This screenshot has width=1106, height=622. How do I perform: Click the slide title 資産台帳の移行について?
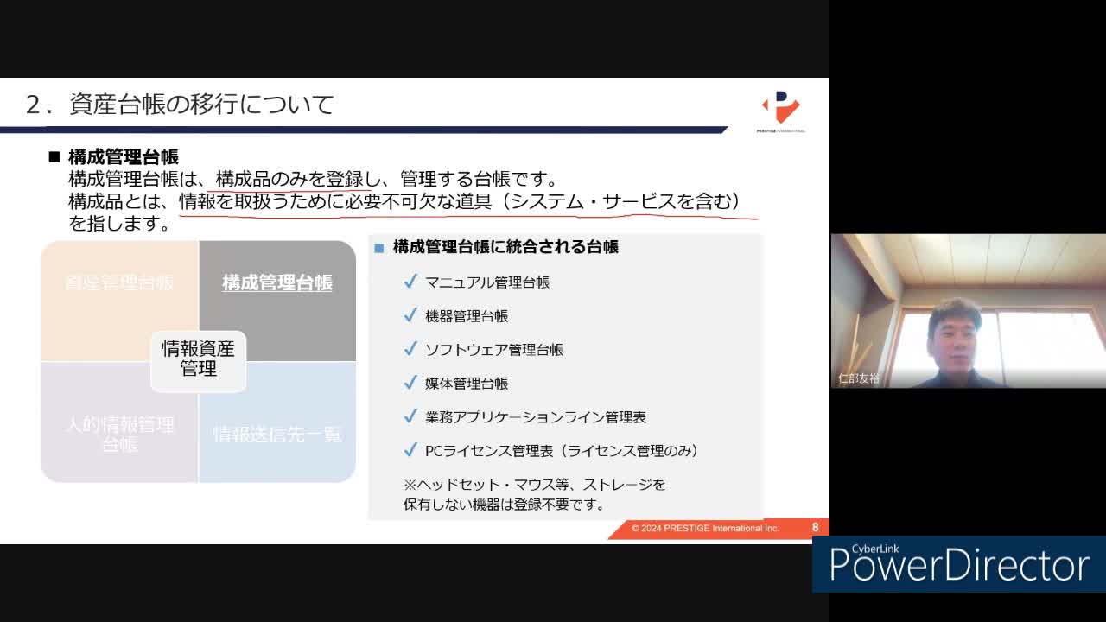point(201,105)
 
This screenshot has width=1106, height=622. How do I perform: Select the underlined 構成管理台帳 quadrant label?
point(276,282)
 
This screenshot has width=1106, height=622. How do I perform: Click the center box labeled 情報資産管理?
point(198,359)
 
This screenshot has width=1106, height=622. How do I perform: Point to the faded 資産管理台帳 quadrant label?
point(119,282)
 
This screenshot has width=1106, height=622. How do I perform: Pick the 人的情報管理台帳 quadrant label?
point(119,434)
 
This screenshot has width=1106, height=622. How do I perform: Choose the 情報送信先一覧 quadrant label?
point(276,434)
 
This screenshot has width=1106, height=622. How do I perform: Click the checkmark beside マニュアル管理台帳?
point(410,282)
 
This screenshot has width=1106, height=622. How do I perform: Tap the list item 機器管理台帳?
point(467,316)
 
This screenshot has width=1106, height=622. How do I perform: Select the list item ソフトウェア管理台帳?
point(494,350)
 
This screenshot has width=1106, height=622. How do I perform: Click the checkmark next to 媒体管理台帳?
point(410,383)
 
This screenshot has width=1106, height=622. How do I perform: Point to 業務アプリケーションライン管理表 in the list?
point(536,417)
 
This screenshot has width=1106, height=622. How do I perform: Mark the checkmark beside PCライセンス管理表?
point(410,450)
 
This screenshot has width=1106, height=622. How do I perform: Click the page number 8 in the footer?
point(815,528)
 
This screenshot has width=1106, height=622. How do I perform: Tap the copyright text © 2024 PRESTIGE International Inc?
point(705,528)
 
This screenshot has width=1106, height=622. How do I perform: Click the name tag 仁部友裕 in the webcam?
point(859,378)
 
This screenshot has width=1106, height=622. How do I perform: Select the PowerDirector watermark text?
point(959,566)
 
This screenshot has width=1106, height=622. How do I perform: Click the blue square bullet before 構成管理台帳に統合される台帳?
point(378,248)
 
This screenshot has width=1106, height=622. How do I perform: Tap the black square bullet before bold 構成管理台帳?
point(54,157)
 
